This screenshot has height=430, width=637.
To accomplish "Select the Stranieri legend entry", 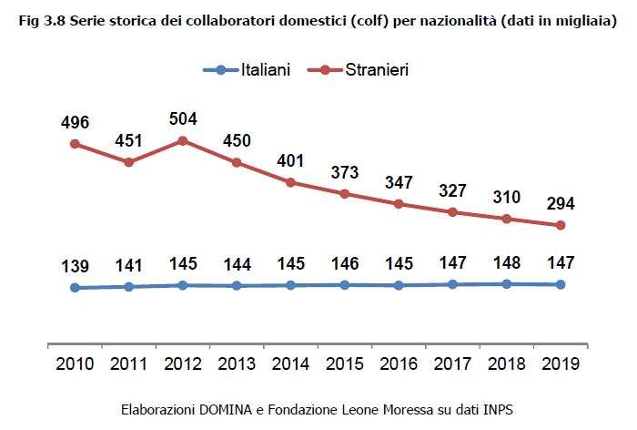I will click(376, 70).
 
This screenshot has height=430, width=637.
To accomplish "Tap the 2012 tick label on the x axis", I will click(183, 363).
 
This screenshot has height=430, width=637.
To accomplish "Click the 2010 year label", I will click(76, 363).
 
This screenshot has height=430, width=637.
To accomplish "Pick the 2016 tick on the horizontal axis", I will click(399, 363).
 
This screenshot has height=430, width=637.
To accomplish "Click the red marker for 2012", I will click(183, 140).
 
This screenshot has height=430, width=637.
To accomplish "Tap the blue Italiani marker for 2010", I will click(76, 288).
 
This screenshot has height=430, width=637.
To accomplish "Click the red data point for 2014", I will click(291, 182).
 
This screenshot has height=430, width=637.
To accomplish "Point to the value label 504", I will click(183, 119).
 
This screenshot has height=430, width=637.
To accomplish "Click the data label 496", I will click(76, 123).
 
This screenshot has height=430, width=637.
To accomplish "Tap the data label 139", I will click(76, 267).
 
